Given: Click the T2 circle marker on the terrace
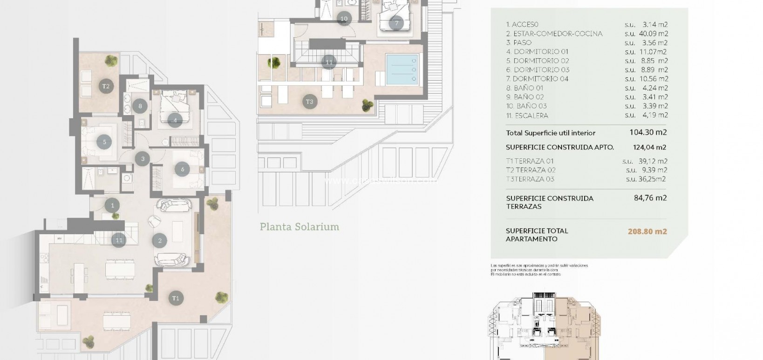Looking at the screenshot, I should click(x=106, y=86).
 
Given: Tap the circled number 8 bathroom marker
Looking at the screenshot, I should click(x=140, y=106).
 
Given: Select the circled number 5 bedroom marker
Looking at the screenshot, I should click(x=104, y=142).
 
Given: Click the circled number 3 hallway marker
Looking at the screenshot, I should click(x=143, y=159).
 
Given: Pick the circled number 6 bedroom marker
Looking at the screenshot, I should click(x=183, y=170).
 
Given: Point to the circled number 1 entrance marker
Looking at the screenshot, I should click(x=112, y=205).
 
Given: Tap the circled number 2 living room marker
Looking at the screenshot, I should click(x=160, y=241).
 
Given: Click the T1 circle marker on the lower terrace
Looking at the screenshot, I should click(x=176, y=298).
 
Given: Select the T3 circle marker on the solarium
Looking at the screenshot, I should click(x=310, y=102).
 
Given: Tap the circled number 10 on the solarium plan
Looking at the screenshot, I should click(x=344, y=19).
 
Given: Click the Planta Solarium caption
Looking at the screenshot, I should click(x=299, y=227).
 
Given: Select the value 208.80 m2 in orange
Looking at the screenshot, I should click(x=648, y=231).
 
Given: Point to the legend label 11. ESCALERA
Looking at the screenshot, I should click(x=527, y=115).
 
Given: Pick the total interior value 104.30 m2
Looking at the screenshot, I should click(x=648, y=132).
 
